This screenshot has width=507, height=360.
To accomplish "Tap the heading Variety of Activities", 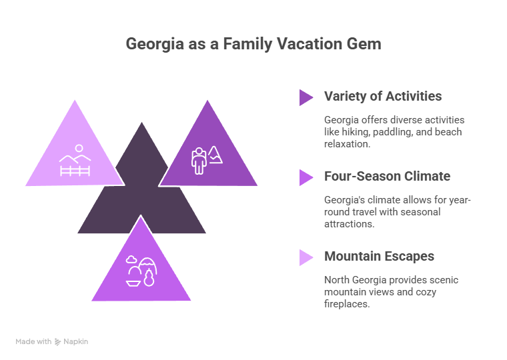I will pyautogui.click(x=383, y=96).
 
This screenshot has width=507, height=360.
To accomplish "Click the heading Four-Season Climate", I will pyautogui.click(x=387, y=177).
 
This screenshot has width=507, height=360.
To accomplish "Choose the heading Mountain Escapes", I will pyautogui.click(x=379, y=256).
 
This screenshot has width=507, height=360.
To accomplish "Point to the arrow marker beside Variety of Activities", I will pyautogui.click(x=306, y=97).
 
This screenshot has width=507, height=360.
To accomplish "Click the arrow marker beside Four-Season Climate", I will pyautogui.click(x=306, y=177).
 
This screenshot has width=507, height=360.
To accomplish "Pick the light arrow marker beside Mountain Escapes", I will pyautogui.click(x=306, y=257).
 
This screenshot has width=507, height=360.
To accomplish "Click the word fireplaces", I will pyautogui.click(x=346, y=303).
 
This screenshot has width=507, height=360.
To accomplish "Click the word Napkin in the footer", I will pyautogui.click(x=76, y=341).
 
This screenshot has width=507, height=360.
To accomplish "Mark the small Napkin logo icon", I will pyautogui.click(x=58, y=341).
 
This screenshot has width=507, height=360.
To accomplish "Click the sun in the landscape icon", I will pyautogui.click(x=79, y=147).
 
